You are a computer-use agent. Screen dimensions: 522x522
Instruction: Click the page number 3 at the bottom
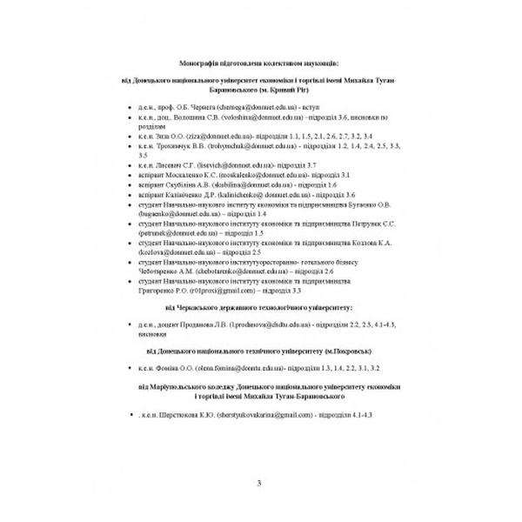[261, 485]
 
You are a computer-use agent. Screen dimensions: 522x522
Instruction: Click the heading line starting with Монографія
[261, 64]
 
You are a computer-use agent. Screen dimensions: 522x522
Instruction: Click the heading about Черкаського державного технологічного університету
[261, 307]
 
